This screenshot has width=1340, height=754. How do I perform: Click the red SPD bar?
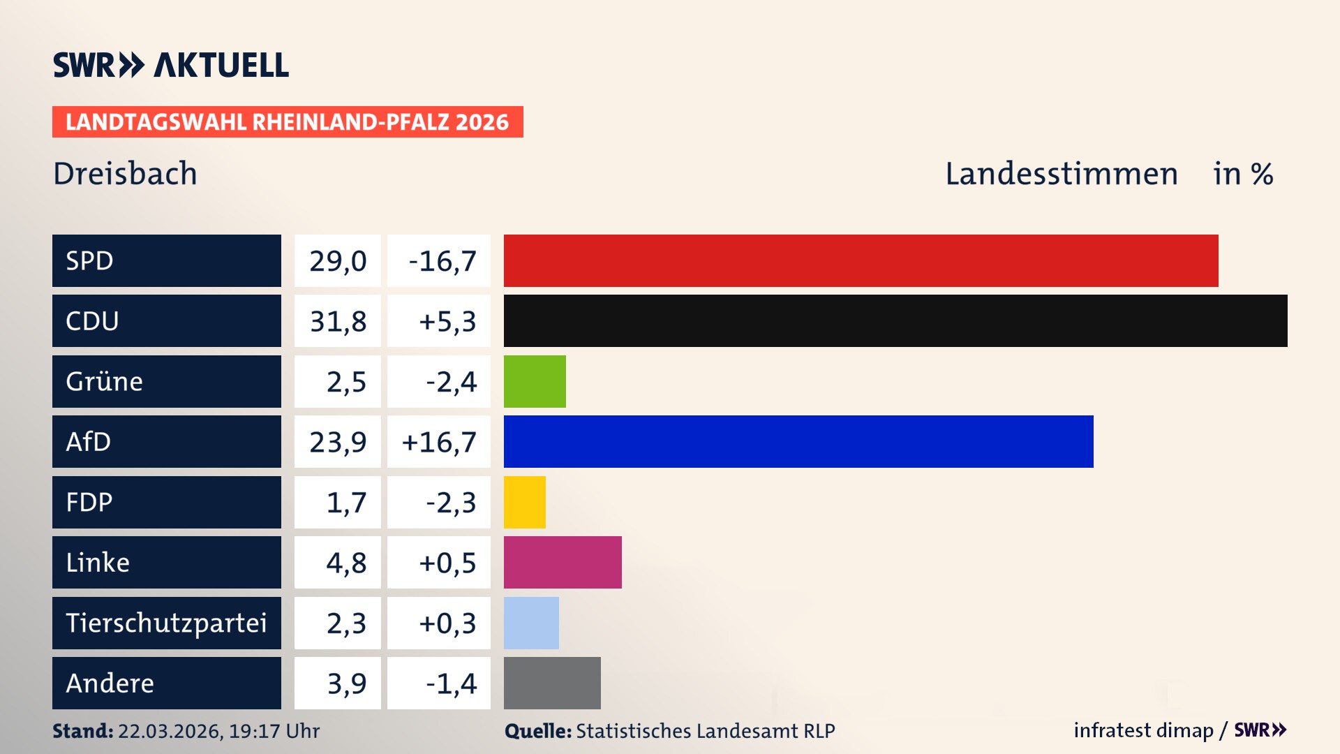coord(861,260)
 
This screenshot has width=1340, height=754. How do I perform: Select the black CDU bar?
coord(895,320)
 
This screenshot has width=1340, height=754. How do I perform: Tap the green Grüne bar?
coord(535,381)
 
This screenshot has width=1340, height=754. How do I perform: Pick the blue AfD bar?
coord(798,441)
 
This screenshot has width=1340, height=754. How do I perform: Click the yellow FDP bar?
coord(525,502)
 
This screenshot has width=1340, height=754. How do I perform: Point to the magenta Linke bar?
coord(563,562)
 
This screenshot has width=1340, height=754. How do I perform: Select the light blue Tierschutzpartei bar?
coord(531,623)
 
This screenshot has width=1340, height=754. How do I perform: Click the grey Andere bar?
coord(552,683)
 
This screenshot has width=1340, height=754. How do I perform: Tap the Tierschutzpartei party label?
coord(166,623)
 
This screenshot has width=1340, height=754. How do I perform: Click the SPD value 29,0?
coord(338,260)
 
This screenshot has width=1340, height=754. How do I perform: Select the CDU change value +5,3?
coord(447,321)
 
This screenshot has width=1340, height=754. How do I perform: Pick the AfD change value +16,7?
coord(439,442)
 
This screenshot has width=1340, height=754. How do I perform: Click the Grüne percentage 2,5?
coord(345,382)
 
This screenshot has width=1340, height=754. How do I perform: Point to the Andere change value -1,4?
coord(451,683)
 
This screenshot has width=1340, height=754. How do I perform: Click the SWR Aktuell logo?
coord(171,65)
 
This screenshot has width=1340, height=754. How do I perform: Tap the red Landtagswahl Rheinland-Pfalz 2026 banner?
coord(288,122)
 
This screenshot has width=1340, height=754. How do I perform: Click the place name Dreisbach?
coord(125,174)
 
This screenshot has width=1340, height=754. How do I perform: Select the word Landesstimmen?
coord(1061,174)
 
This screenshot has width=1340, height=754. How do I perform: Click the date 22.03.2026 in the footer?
coord(170,731)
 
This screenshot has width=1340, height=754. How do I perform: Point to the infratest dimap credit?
coord(1142,730)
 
